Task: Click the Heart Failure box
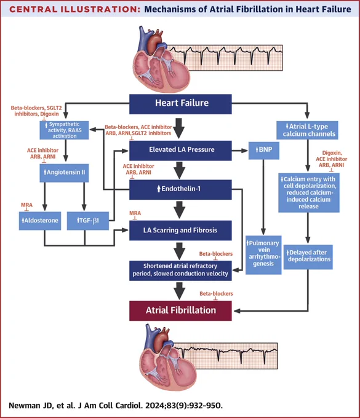[x=180, y=104]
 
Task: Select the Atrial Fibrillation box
[x=180, y=310]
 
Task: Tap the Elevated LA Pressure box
[x=180, y=151]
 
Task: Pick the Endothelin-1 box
[x=180, y=189]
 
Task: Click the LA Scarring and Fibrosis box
[x=180, y=231]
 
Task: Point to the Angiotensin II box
[x=65, y=173]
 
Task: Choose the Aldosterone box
[x=40, y=221]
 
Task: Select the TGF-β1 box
[x=88, y=221]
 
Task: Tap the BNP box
[x=264, y=151]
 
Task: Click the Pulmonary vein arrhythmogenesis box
[x=263, y=255]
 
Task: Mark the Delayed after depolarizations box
[x=308, y=257]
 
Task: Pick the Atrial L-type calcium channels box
[x=307, y=130]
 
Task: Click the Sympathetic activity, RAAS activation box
[x=65, y=130]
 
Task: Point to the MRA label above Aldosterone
[x=26, y=205]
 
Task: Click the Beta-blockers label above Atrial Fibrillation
[x=216, y=293]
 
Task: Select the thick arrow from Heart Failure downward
[x=179, y=128]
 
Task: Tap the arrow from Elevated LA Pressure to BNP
[x=240, y=151]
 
